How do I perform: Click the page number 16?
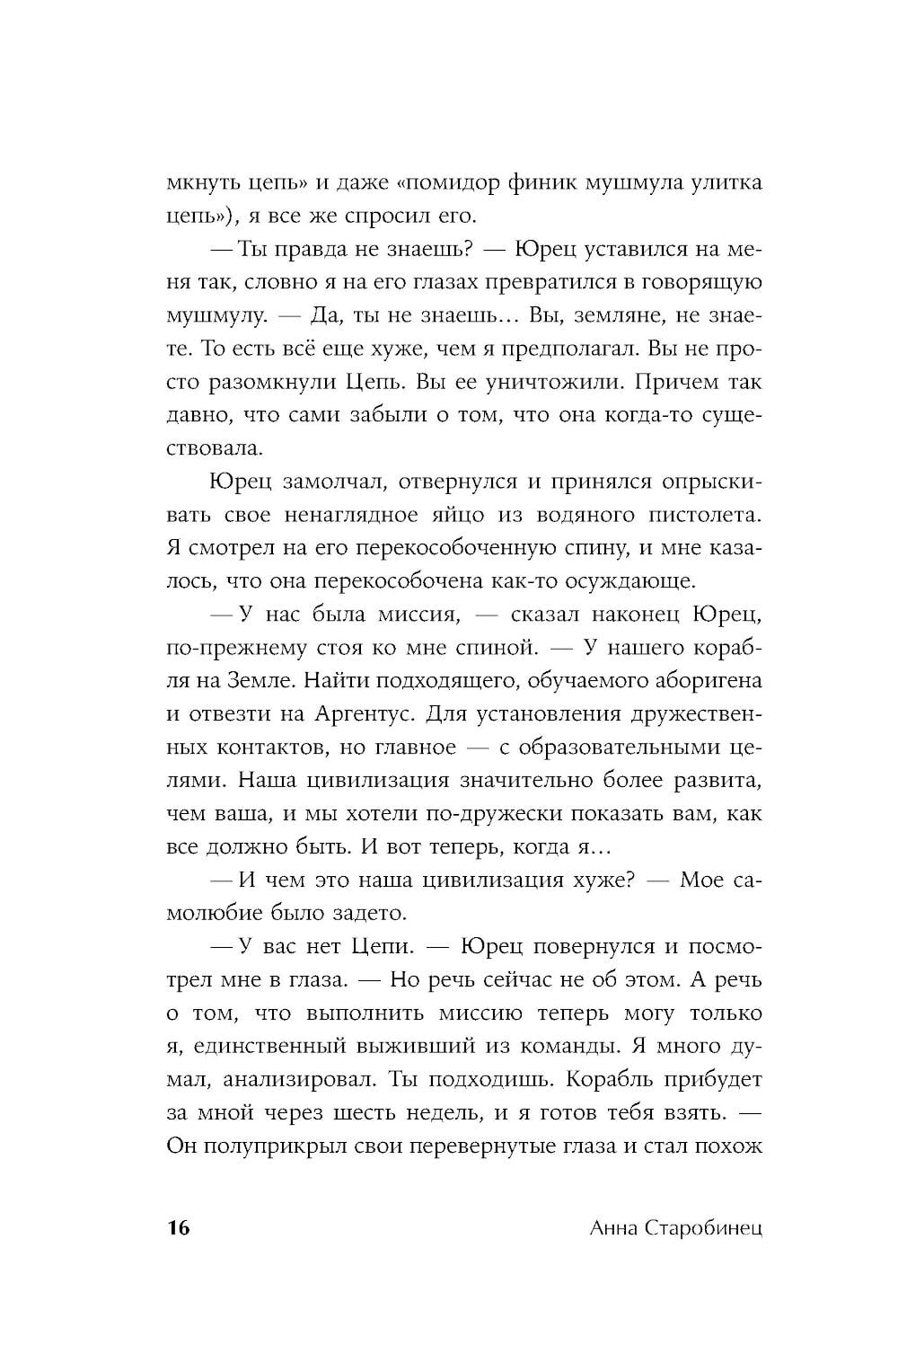pos(179,1228)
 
